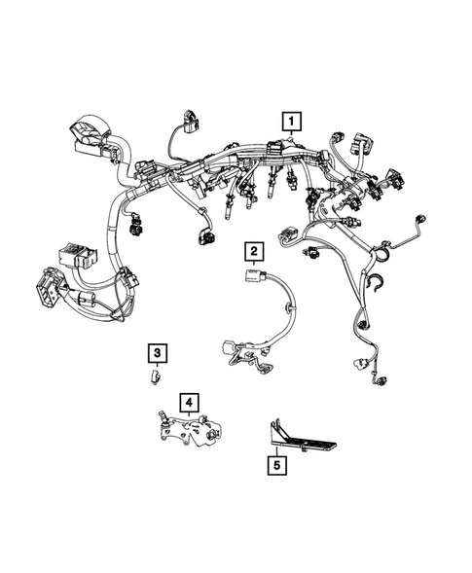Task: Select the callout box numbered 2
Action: [x=252, y=253]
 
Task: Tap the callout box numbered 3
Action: [x=156, y=351]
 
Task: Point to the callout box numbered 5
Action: [x=278, y=466]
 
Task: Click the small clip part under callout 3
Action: [x=156, y=373]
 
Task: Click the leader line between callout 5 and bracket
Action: [x=278, y=449]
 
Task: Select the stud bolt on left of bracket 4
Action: [x=162, y=418]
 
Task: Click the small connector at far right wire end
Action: [x=420, y=219]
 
